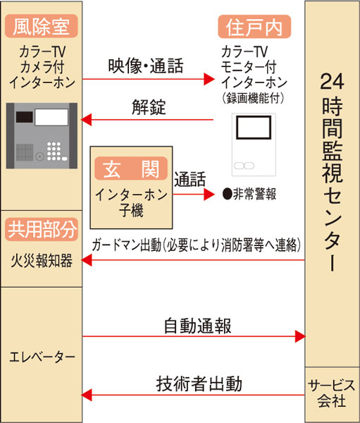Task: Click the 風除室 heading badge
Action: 42,26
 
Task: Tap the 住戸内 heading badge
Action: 254,27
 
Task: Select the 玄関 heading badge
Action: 131,168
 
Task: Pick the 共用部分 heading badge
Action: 42,230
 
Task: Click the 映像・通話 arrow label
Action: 146,66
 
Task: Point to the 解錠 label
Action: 149,107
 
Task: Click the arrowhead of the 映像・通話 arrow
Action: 209,79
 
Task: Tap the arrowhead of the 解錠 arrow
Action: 86,120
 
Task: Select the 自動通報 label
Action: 198,326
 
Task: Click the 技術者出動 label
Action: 199,384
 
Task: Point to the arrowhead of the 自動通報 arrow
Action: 300,336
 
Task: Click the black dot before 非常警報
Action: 228,194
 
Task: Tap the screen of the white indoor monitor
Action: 254,128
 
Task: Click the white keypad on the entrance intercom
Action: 56,152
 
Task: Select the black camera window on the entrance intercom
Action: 24,117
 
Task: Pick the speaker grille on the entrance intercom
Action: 25,152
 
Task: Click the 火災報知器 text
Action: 42,261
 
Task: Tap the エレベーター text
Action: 42,357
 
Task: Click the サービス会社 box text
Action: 332,393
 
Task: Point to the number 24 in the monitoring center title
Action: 333,81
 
